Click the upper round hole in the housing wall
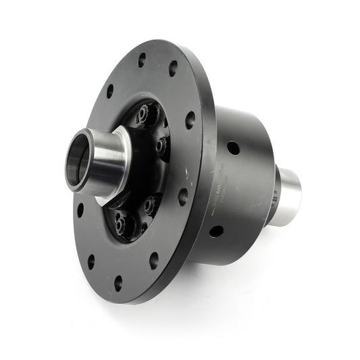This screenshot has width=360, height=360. click(x=232, y=147)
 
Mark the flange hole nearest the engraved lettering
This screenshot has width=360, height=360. click(x=183, y=197)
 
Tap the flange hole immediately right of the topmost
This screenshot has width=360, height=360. click(x=174, y=68)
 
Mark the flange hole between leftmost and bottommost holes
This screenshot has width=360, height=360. click(x=91, y=261)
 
